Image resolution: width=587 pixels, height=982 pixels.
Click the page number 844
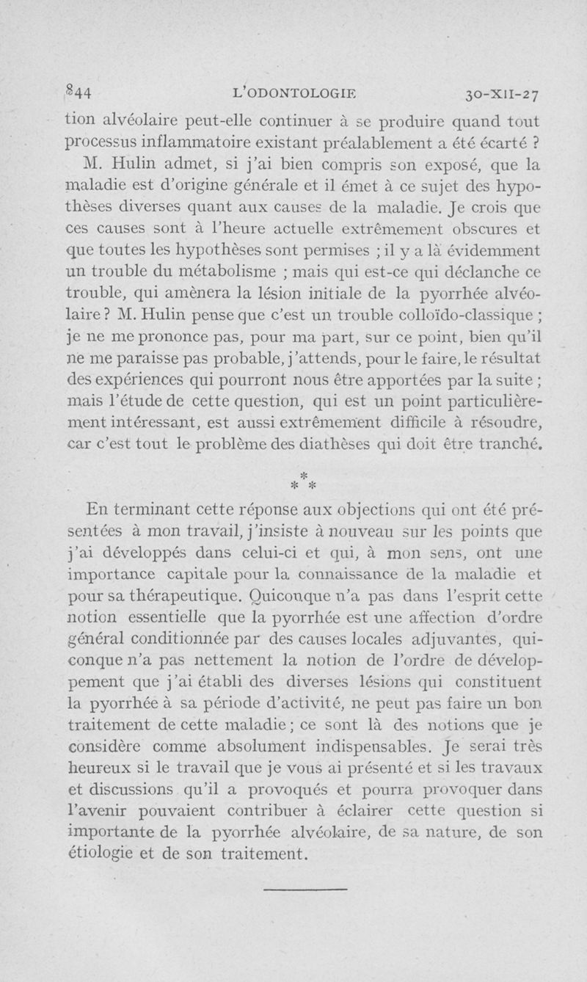pos(77,92)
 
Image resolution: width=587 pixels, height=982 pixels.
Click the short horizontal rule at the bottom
pos(304,890)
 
